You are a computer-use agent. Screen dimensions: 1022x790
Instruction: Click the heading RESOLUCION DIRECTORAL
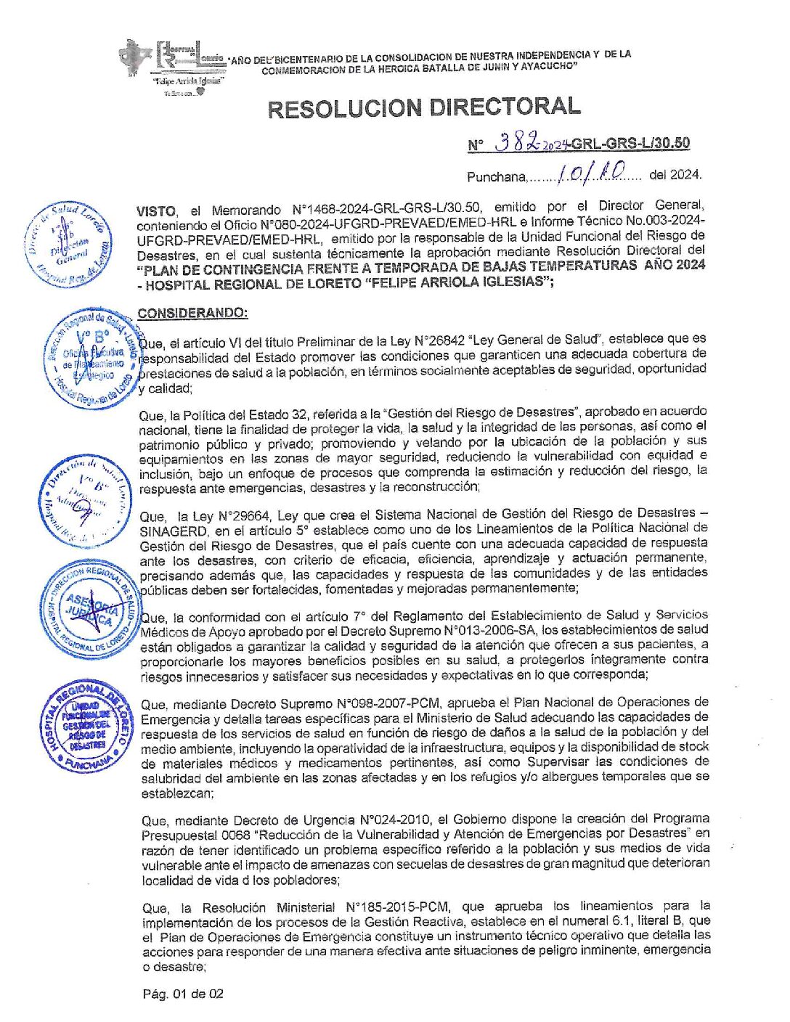point(424,108)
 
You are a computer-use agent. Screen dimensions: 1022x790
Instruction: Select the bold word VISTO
point(156,211)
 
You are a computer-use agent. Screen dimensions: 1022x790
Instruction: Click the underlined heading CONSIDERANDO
point(192,313)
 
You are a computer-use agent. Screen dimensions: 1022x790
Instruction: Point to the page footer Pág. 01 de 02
point(183,994)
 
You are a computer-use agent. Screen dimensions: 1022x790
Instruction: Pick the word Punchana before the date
point(496,176)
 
